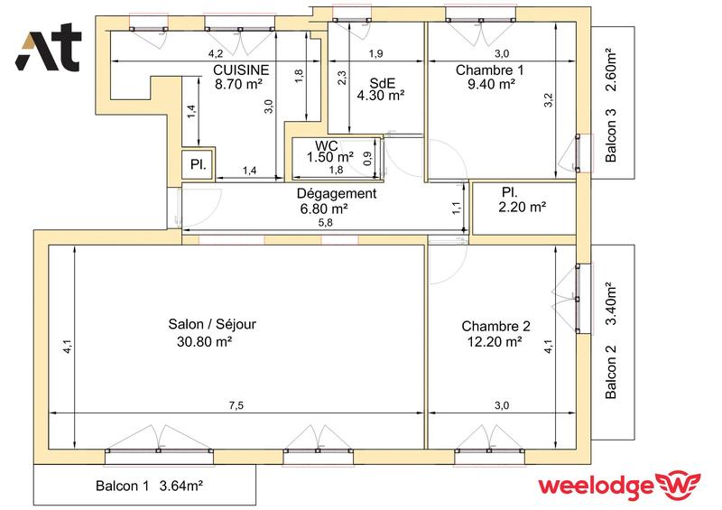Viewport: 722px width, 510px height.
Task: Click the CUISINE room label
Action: click(x=239, y=70)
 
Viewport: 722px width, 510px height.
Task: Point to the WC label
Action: click(x=326, y=145)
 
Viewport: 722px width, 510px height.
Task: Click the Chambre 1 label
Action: click(x=489, y=70)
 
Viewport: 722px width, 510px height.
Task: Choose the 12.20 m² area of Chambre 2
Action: click(x=495, y=341)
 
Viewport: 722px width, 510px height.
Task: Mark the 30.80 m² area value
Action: click(x=206, y=341)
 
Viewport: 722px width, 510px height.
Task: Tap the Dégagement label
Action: click(x=336, y=193)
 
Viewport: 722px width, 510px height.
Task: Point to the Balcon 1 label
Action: click(x=123, y=487)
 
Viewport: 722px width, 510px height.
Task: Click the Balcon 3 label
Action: click(x=611, y=136)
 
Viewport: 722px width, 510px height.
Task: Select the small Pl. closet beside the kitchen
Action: click(x=196, y=164)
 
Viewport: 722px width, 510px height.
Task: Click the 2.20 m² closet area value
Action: click(x=522, y=208)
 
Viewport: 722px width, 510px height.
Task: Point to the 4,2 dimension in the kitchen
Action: click(x=216, y=55)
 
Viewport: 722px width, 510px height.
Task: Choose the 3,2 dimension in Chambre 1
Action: click(x=548, y=101)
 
